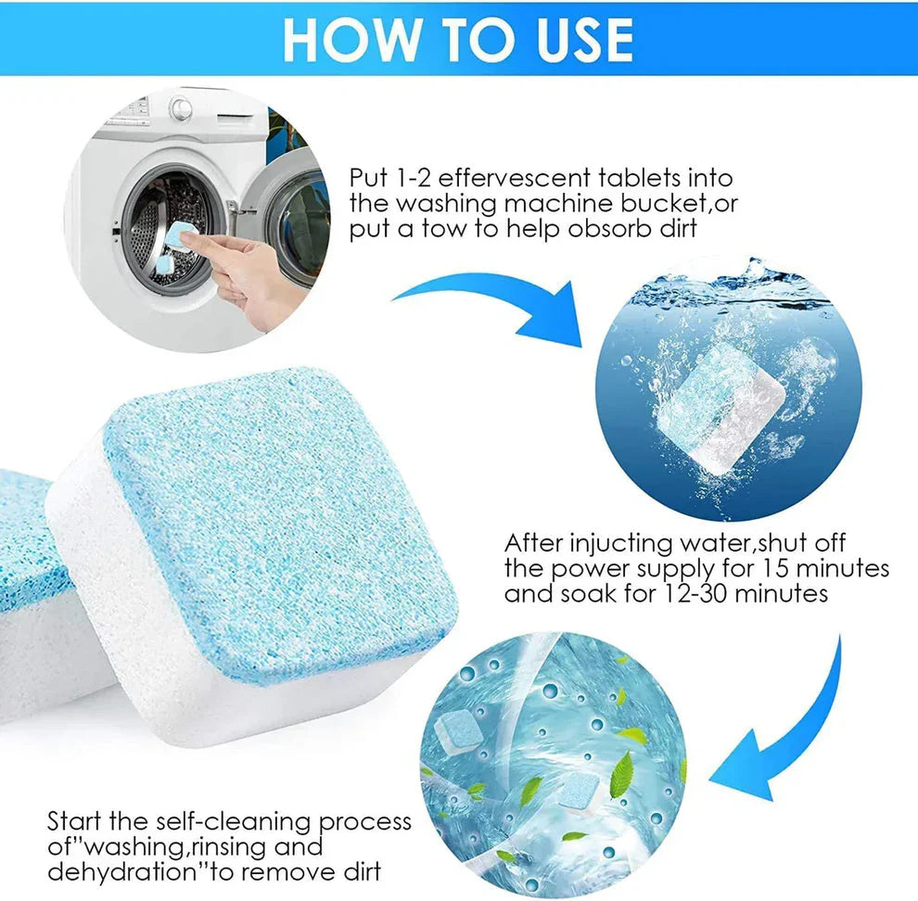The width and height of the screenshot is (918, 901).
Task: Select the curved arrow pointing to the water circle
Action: (x=491, y=306)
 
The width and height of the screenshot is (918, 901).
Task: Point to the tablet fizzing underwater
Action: (x=723, y=408)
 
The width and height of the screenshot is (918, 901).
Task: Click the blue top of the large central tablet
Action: (x=278, y=519)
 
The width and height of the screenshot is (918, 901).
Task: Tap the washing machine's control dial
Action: (x=182, y=108)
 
